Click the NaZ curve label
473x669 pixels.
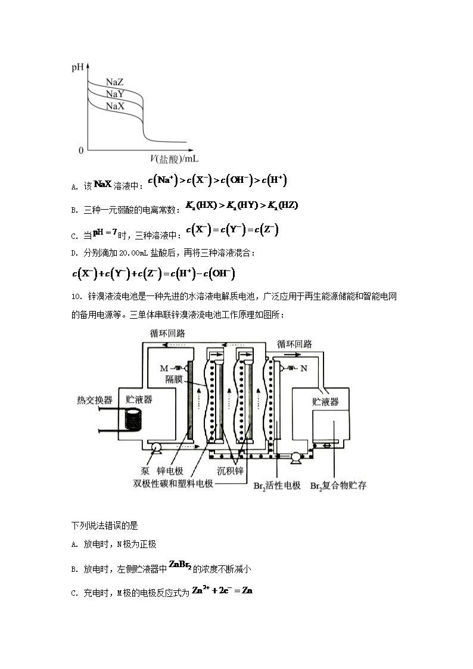[114, 82]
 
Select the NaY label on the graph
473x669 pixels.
[115, 94]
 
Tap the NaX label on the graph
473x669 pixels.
[115, 106]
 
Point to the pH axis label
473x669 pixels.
[77, 67]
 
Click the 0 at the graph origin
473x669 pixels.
[80, 151]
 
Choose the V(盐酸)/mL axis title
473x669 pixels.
[174, 159]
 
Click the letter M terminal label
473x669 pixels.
[164, 368]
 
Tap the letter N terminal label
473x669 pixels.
[303, 368]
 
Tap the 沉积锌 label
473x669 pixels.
[230, 470]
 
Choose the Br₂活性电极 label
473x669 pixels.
[277, 486]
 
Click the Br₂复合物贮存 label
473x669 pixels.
[338, 486]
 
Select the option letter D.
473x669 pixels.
[74, 253]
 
